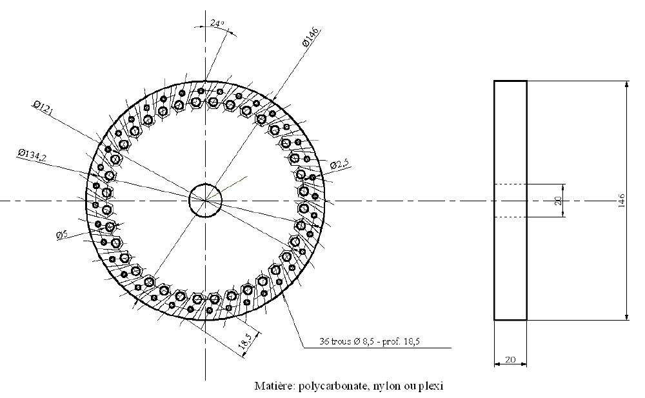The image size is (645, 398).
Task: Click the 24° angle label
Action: tap(217, 23)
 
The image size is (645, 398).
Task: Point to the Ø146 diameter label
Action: tap(312, 37)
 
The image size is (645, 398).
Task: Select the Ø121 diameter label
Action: tap(43, 108)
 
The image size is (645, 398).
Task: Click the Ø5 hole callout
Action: tap(61, 235)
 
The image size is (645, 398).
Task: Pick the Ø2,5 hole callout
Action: tap(339, 165)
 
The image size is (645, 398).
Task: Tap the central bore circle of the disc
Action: tap(205, 201)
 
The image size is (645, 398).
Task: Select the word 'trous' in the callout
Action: tap(341, 342)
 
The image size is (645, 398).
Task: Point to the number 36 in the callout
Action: tap(324, 342)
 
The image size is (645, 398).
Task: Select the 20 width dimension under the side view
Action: tap(510, 359)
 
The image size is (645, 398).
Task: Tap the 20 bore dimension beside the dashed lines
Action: tap(559, 201)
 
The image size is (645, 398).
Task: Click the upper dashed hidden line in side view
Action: tap(510, 184)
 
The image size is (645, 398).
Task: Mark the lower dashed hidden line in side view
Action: tap(510, 217)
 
